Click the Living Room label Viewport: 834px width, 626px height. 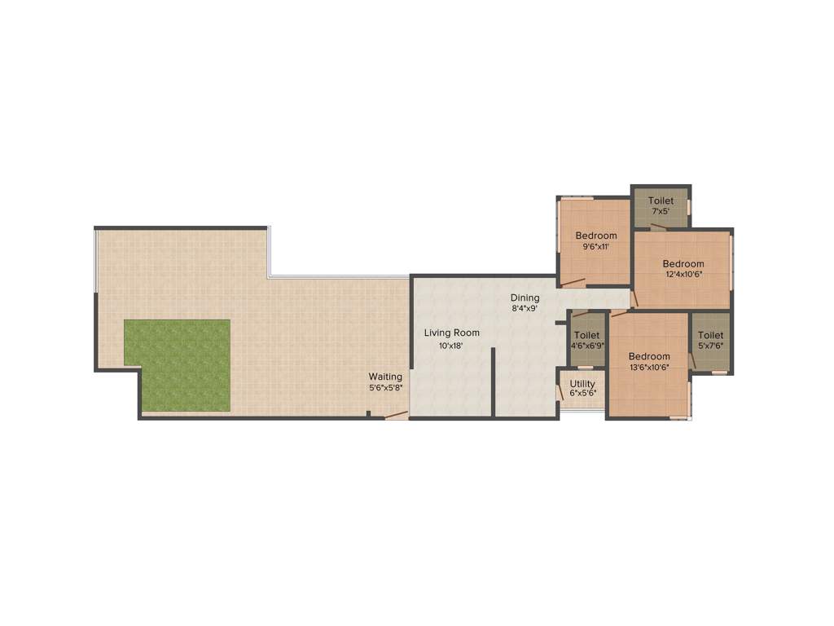[x=451, y=333]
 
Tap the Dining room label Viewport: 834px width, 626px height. [x=525, y=298]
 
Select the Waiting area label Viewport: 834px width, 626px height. [x=385, y=377]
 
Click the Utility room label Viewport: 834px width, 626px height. [x=582, y=384]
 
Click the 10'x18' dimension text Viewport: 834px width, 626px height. [x=451, y=346]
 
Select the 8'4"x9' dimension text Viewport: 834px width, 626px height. [x=525, y=309]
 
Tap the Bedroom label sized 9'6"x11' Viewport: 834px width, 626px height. [x=596, y=236]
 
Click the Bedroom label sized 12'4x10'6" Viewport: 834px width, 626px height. [x=683, y=263]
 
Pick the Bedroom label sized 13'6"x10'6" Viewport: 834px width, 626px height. [x=649, y=356]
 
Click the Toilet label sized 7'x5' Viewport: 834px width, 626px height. [x=661, y=201]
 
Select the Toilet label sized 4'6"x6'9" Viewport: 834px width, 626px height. [x=586, y=335]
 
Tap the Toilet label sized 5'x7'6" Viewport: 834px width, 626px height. [x=710, y=335]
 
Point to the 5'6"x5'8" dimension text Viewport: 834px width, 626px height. [x=385, y=388]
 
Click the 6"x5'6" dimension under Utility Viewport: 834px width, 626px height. [x=582, y=394]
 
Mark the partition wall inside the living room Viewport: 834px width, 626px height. [x=493, y=382]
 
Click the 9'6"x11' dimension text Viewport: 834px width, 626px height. [x=596, y=247]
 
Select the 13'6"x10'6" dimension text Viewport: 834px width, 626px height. [x=649, y=368]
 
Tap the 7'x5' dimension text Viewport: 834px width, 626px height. [x=661, y=211]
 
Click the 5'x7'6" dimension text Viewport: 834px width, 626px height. [x=710, y=346]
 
